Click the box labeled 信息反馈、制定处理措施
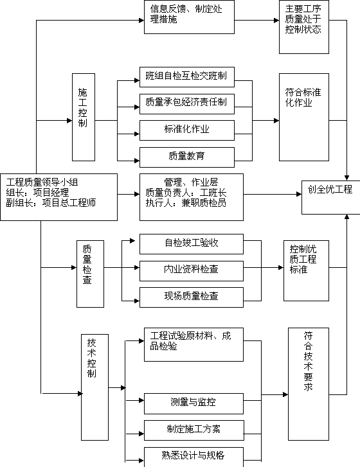click(x=189, y=17)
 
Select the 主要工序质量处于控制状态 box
click(x=304, y=27)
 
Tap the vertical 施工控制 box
click(x=84, y=118)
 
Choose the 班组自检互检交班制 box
click(x=187, y=77)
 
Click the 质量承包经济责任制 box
click(x=187, y=104)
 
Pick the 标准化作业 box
click(x=187, y=130)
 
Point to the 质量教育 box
click(x=187, y=157)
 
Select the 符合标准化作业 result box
click(x=304, y=118)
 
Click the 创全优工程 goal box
click(x=331, y=197)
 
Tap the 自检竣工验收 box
click(x=192, y=244)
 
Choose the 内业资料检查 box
click(x=192, y=271)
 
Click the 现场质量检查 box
click(x=192, y=297)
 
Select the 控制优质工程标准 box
click(x=306, y=270)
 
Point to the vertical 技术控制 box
click(x=94, y=387)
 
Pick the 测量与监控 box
click(x=194, y=403)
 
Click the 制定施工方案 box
click(x=194, y=430)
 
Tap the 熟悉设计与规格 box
click(x=194, y=457)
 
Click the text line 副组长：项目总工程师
click(x=51, y=203)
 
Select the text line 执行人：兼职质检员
click(x=186, y=203)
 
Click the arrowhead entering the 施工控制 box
click(x=69, y=121)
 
